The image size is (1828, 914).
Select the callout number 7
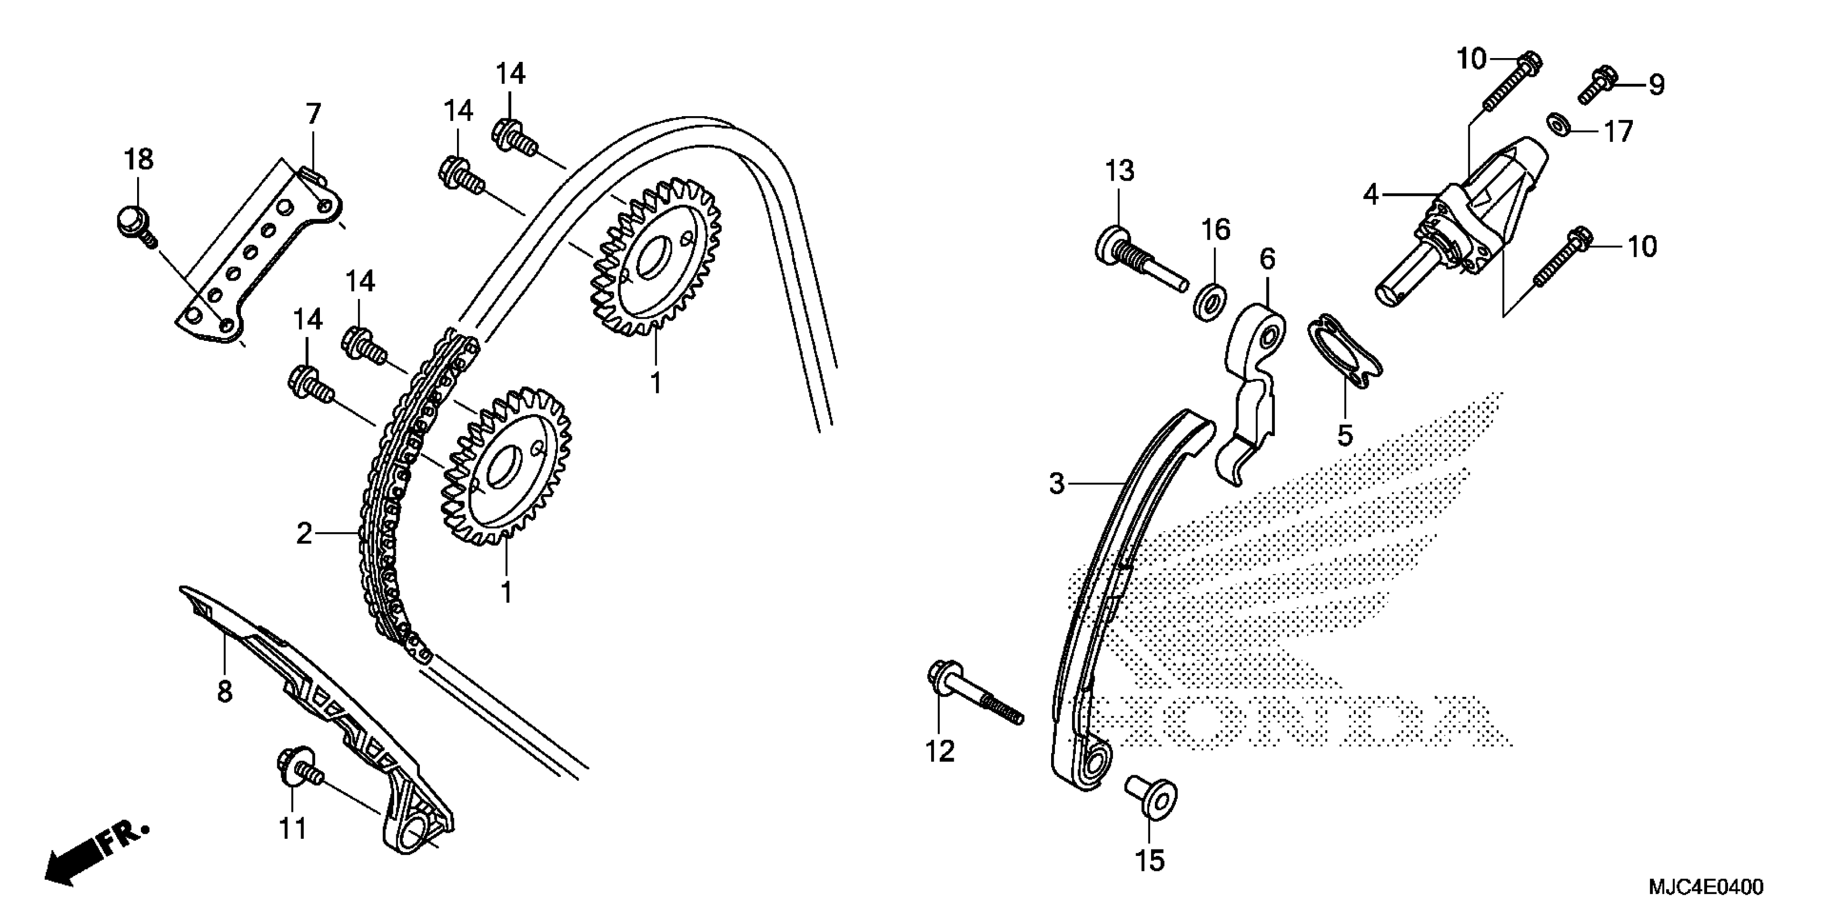[313, 113]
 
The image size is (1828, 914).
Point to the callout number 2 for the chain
[304, 534]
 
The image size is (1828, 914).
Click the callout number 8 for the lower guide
[225, 690]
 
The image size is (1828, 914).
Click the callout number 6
[1267, 259]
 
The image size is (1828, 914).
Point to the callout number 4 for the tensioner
[1370, 194]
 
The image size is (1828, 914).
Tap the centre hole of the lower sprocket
[503, 468]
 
